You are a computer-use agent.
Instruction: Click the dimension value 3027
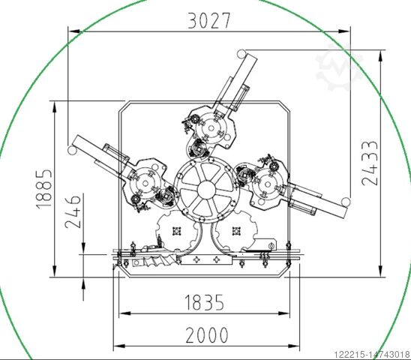(x=209, y=20)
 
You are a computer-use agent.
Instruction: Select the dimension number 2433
(x=370, y=163)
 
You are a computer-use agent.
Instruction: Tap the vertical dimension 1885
(x=43, y=189)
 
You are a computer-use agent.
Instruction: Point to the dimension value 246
(x=73, y=211)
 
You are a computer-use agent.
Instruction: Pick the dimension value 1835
(x=205, y=302)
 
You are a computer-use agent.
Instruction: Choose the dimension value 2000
(x=207, y=335)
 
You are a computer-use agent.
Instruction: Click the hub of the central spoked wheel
(x=206, y=190)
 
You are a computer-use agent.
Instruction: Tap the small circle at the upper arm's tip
(x=241, y=54)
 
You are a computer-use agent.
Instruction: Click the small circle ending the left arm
(x=71, y=151)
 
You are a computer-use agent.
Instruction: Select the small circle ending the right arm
(x=346, y=202)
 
